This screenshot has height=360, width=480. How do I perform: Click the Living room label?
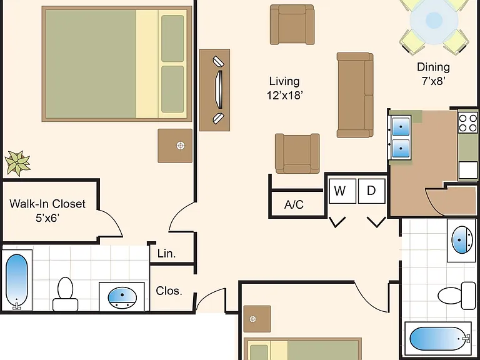[284, 81]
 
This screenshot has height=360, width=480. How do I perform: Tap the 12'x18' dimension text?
[285, 96]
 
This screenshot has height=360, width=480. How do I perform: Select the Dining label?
[434, 67]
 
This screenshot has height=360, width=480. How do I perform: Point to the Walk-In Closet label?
[47, 204]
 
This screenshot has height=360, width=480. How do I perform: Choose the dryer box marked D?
[371, 191]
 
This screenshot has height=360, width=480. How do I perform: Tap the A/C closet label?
[294, 204]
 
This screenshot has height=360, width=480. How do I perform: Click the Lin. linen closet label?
[166, 254]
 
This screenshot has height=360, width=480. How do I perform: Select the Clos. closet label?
[169, 291]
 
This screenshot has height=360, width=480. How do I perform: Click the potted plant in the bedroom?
[17, 163]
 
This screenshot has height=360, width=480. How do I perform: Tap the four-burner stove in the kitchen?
[467, 122]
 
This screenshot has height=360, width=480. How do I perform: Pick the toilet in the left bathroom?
[65, 294]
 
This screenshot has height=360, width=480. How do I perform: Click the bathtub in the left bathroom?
[16, 281]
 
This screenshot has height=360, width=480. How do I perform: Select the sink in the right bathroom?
[462, 240]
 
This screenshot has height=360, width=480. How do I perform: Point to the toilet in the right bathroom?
[456, 296]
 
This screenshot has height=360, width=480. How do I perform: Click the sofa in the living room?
[355, 95]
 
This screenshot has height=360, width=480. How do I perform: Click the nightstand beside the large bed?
[175, 146]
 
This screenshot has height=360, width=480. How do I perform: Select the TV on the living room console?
[219, 90]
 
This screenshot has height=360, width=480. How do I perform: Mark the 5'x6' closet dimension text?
[47, 218]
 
